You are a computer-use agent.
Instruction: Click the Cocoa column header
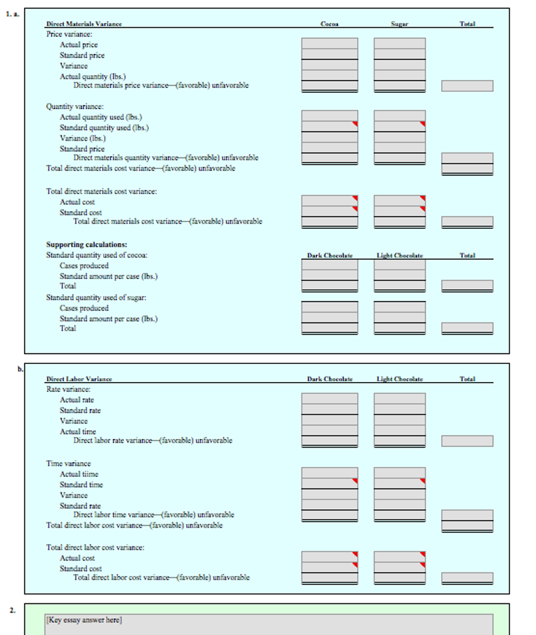(329, 24)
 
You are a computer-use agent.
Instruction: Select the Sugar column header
(400, 24)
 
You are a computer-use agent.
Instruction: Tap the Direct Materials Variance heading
(84, 24)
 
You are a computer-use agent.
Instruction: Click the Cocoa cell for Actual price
(329, 44)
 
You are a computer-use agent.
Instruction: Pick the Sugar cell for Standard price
(400, 55)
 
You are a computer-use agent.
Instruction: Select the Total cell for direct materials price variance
(467, 86)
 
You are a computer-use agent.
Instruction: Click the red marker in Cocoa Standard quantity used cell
(355, 124)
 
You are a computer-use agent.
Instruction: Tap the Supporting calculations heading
(87, 244)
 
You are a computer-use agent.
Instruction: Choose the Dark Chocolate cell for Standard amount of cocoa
(329, 276)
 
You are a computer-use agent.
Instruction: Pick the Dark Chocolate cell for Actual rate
(329, 399)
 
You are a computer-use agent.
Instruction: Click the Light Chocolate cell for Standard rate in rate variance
(400, 409)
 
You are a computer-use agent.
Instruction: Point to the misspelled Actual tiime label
(79, 474)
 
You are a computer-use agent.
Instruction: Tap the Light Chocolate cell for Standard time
(400, 484)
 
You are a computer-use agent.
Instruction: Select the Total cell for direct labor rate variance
(467, 441)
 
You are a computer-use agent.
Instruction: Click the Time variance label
(68, 464)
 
